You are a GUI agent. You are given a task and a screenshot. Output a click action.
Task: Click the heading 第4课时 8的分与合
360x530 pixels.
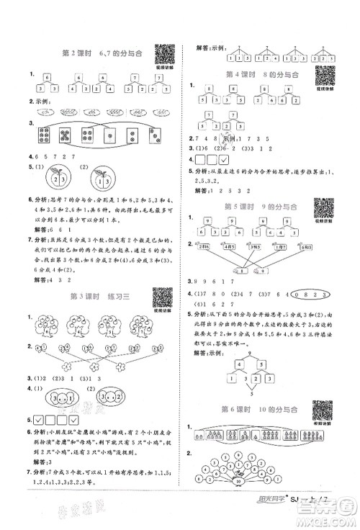click(248, 74)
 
